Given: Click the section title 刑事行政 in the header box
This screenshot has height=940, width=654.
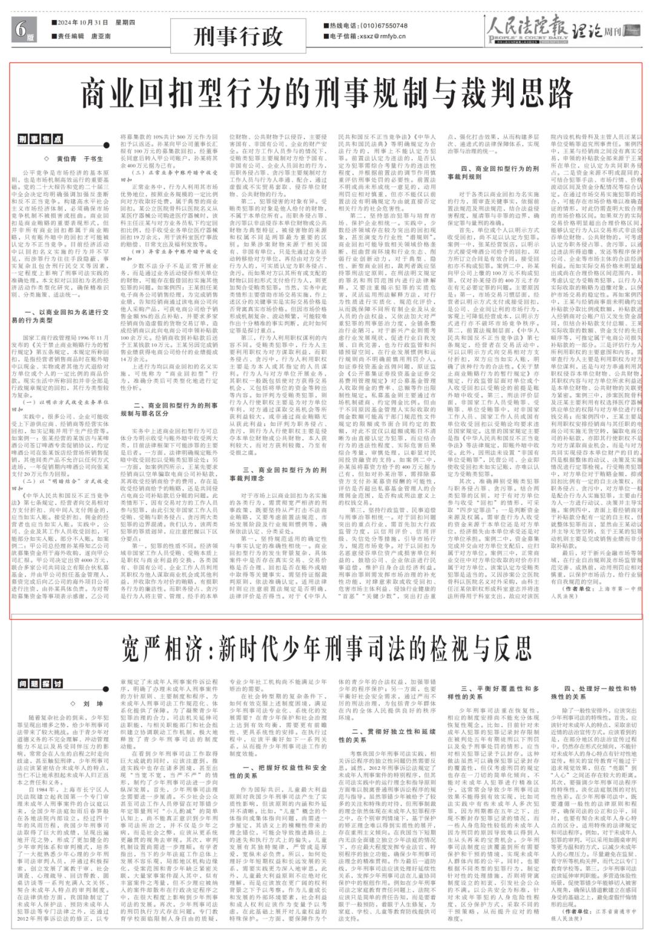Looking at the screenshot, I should (239, 36).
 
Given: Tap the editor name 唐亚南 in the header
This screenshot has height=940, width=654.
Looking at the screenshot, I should (102, 36).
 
